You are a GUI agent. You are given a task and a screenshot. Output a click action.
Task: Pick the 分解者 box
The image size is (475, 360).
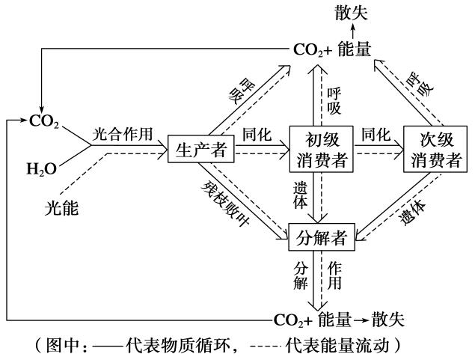(x=321, y=238)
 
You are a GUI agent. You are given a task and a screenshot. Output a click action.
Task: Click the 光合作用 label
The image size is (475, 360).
(x=123, y=135)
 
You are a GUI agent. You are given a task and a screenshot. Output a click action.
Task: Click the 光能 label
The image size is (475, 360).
(x=61, y=211)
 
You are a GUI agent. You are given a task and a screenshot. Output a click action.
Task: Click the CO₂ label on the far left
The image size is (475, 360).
(x=42, y=119)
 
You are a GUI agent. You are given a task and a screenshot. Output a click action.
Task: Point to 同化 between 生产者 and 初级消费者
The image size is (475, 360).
(x=255, y=135)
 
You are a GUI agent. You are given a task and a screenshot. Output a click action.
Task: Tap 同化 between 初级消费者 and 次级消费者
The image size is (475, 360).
(x=376, y=135)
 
